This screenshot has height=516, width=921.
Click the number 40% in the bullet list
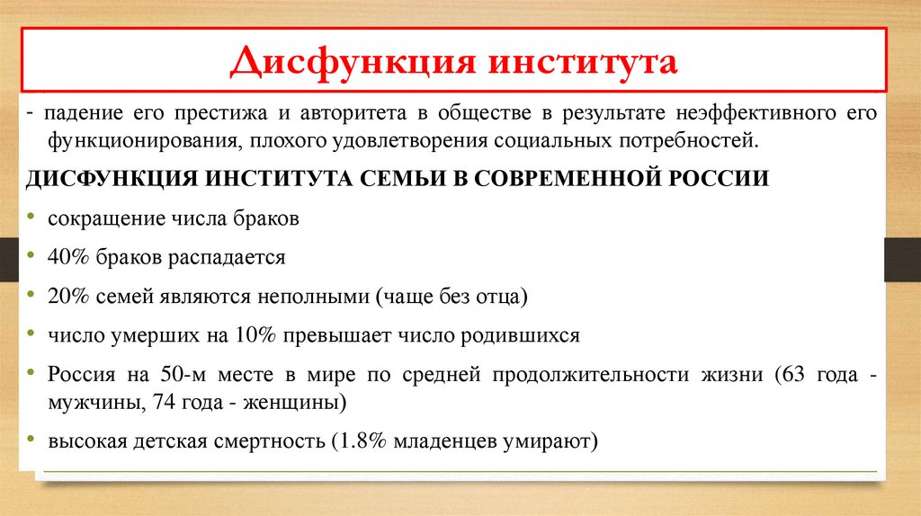click(x=69, y=257)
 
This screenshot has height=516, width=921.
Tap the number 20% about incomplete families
click(x=69, y=296)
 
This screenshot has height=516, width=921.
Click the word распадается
click(x=228, y=257)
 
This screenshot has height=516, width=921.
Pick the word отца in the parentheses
click(x=497, y=296)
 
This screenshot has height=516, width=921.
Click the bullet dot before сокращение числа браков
click(x=32, y=218)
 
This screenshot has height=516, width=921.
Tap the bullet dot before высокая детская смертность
click(x=32, y=441)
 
